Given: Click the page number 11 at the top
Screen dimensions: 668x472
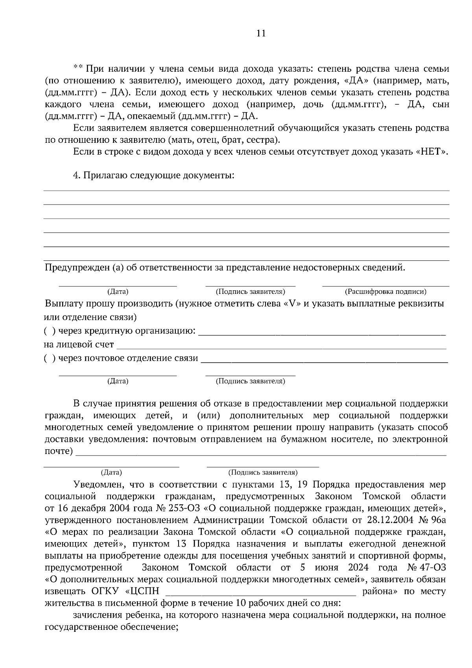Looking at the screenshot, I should pos(261,33).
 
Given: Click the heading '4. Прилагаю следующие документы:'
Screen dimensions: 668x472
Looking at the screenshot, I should pos(154,175).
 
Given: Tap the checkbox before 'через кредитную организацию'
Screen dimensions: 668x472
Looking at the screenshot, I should pos(49,331).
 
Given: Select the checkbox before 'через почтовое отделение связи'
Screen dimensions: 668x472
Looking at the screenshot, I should pos(49,358).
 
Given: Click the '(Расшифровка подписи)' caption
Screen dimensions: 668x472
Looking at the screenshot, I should pos(385,292).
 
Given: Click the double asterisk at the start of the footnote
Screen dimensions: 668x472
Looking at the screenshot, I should pos(78,68).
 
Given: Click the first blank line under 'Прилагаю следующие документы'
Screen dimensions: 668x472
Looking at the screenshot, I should pos(246,191).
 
